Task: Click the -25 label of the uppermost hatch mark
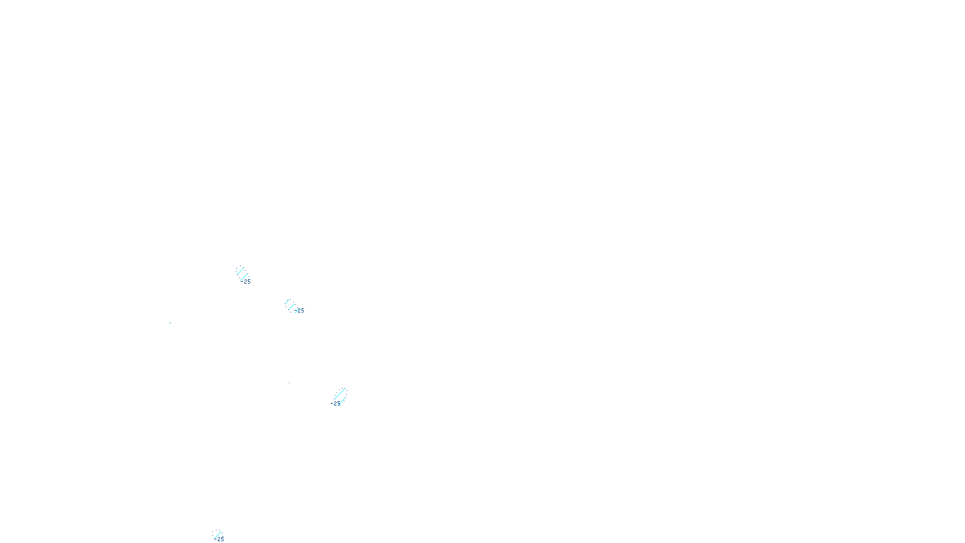246,282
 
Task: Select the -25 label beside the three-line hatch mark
300,311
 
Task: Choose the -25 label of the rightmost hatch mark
335,403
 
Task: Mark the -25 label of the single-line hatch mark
220,539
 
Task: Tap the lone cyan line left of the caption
217,534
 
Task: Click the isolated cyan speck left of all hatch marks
170,322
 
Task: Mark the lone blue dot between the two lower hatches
289,383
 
